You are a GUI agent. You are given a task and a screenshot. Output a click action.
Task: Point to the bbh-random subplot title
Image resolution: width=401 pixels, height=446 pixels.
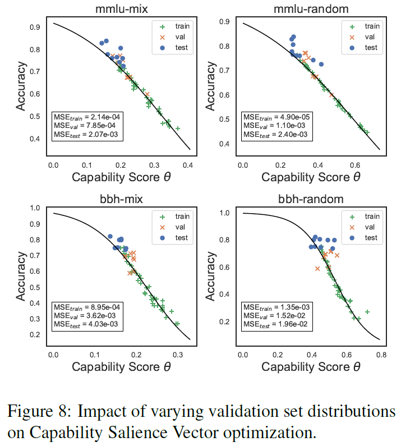pos(311,199)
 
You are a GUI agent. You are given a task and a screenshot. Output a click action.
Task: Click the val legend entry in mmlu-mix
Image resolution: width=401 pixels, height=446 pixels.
pos(176,37)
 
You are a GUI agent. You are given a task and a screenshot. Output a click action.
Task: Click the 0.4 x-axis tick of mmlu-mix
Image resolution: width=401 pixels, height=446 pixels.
pos(191,164)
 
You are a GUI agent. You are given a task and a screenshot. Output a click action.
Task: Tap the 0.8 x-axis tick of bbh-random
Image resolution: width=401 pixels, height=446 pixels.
pos(381,355)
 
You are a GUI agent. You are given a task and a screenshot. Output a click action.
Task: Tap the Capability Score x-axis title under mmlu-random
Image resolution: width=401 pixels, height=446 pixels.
pos(311,178)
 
